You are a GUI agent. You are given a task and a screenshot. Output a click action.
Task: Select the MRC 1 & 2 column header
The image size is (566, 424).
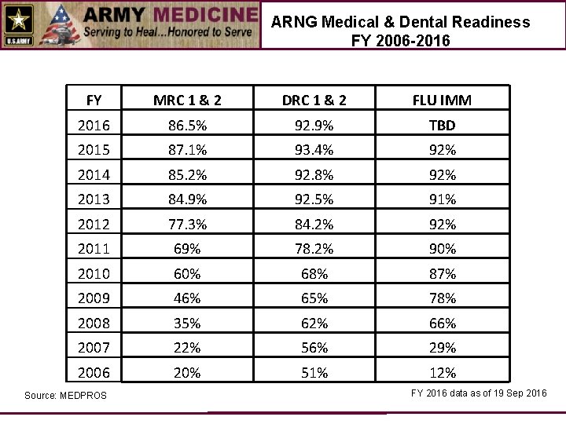187,100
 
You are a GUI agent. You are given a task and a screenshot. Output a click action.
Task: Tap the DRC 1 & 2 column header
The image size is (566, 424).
314,100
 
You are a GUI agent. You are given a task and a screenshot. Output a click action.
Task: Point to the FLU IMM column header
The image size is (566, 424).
442,100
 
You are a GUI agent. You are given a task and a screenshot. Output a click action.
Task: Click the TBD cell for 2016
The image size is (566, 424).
442,125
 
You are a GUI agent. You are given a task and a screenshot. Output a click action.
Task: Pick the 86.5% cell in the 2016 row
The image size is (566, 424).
187,125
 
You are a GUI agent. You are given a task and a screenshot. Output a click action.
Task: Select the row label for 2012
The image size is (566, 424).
94,225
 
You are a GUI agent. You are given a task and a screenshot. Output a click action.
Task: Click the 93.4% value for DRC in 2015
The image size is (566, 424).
314,150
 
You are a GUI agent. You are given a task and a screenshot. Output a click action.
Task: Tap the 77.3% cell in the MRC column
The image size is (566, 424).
187,225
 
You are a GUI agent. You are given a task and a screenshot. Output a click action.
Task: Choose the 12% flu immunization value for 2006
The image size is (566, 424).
442,373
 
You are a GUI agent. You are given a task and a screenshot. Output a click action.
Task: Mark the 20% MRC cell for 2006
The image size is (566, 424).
187,373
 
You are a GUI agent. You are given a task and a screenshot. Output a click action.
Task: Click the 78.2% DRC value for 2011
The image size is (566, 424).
314,249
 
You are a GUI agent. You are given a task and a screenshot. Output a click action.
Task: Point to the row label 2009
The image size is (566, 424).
94,298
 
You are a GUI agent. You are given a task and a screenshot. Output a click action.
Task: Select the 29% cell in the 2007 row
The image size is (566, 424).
442,348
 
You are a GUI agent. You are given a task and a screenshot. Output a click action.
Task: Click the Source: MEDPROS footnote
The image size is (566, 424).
65,395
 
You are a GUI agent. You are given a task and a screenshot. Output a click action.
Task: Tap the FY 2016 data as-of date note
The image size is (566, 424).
479,393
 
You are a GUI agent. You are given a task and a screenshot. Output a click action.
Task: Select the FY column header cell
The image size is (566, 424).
94,100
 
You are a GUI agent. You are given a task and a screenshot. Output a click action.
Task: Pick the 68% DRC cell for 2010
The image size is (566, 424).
314,274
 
